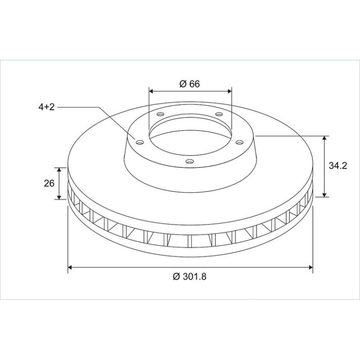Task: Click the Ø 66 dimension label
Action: click(190, 84)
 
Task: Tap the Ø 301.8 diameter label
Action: click(190, 276)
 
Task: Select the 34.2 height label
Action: click(338, 166)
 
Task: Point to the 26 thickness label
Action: click(49, 183)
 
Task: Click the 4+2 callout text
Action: click(47, 107)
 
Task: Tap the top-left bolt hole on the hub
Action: click(160, 114)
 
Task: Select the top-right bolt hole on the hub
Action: click(219, 114)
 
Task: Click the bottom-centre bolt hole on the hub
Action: click(189, 161)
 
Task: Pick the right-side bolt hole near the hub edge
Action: click(239, 143)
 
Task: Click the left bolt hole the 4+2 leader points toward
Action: click(140, 143)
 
